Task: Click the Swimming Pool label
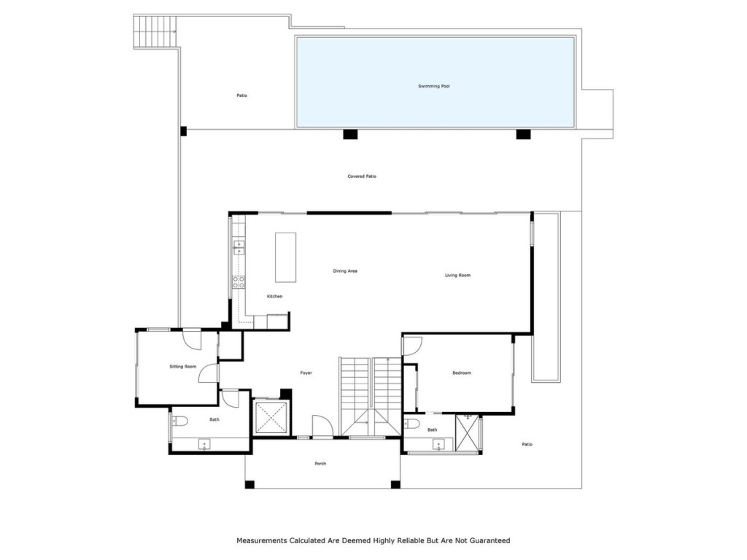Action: click(433, 86)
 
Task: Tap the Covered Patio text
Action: click(362, 176)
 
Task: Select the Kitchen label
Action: click(274, 296)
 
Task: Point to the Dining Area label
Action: click(345, 271)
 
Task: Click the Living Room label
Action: click(458, 275)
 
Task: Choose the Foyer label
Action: click(306, 373)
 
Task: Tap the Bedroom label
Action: click(462, 373)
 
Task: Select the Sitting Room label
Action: click(183, 366)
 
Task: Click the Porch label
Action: click(320, 464)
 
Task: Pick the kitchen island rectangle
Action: click(285, 257)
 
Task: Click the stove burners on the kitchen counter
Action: click(239, 282)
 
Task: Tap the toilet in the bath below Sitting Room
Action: click(179, 420)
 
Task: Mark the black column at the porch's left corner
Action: click(249, 485)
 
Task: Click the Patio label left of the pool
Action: click(241, 96)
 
